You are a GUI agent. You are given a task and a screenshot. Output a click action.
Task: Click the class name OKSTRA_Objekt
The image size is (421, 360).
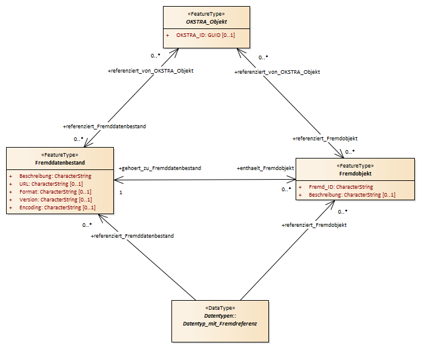[x=206, y=22]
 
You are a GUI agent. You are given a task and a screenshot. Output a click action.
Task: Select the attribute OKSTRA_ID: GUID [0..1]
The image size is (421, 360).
[x=205, y=35]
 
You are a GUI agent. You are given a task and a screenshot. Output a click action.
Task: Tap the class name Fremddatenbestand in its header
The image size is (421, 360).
[x=60, y=163]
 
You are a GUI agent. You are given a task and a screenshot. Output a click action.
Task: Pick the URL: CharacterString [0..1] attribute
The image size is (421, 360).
[x=51, y=184]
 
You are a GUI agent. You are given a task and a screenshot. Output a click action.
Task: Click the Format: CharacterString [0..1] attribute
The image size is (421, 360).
[x=55, y=192]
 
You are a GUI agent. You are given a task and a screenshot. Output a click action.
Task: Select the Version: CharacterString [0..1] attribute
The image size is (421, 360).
[x=56, y=200]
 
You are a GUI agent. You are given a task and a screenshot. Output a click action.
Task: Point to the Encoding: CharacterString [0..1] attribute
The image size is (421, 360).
[x=58, y=208]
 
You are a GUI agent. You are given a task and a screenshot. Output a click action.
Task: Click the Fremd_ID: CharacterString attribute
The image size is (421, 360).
[x=341, y=187]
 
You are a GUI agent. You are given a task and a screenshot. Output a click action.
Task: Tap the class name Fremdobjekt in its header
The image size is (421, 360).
[x=355, y=174]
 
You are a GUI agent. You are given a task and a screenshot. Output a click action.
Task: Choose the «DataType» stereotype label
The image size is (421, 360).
[x=220, y=308]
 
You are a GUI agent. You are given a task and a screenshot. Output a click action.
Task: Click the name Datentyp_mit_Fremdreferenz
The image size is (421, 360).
[x=220, y=324]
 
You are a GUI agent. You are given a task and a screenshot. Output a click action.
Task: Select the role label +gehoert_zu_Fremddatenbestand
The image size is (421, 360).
[x=160, y=168]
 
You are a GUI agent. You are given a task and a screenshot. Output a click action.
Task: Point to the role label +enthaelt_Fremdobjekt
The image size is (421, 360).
[x=265, y=168]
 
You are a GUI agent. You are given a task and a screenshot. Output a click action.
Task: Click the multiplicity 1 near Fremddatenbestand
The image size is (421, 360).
[x=121, y=192]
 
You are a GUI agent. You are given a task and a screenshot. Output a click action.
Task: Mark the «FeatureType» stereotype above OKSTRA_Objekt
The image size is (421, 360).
[x=206, y=14]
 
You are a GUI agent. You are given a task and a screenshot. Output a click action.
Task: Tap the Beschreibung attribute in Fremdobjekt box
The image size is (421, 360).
[x=352, y=195]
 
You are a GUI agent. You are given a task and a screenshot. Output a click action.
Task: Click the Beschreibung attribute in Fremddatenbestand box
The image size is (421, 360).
[x=55, y=176]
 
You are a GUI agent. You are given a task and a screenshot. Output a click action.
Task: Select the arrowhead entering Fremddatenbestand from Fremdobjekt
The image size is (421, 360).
[x=118, y=180]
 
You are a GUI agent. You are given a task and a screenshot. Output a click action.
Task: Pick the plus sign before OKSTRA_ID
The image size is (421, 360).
[x=168, y=36]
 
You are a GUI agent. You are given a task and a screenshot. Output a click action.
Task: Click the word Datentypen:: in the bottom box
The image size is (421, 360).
[x=220, y=316]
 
